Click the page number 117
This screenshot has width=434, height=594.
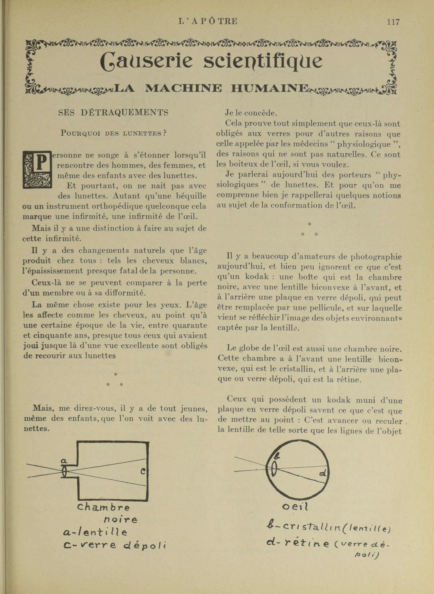tap(393, 22)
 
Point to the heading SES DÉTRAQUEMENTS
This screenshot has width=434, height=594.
tap(113, 113)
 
